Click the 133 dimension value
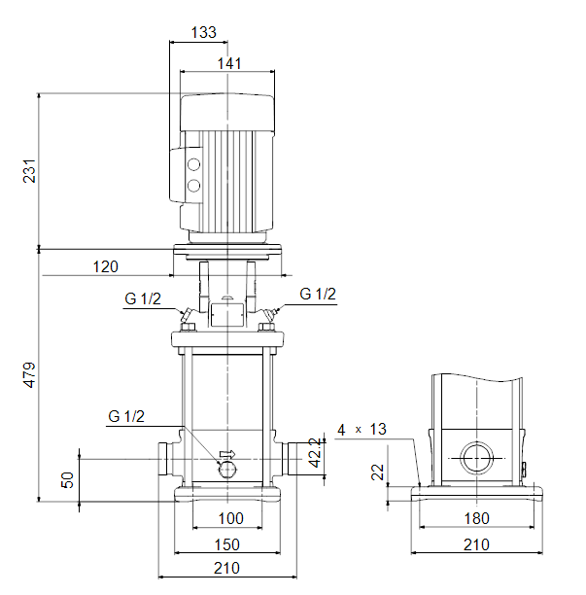pos(204,33)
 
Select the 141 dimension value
pos(229,63)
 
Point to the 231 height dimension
pos(29,171)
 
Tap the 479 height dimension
pos(29,375)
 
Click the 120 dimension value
pos(106,266)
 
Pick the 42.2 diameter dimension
pos(315,452)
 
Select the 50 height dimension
pos(67,480)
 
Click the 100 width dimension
pos(231,518)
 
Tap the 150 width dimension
pos(227,544)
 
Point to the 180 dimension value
pos(477,518)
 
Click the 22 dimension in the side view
pos(377,472)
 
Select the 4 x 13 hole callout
pos(362,430)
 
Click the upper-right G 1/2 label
pos(318,294)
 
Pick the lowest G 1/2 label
pos(126,416)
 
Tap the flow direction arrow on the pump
pos(227,454)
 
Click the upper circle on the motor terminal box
pos(193,164)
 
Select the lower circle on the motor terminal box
pos(193,186)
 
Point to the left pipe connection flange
pos(163,459)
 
